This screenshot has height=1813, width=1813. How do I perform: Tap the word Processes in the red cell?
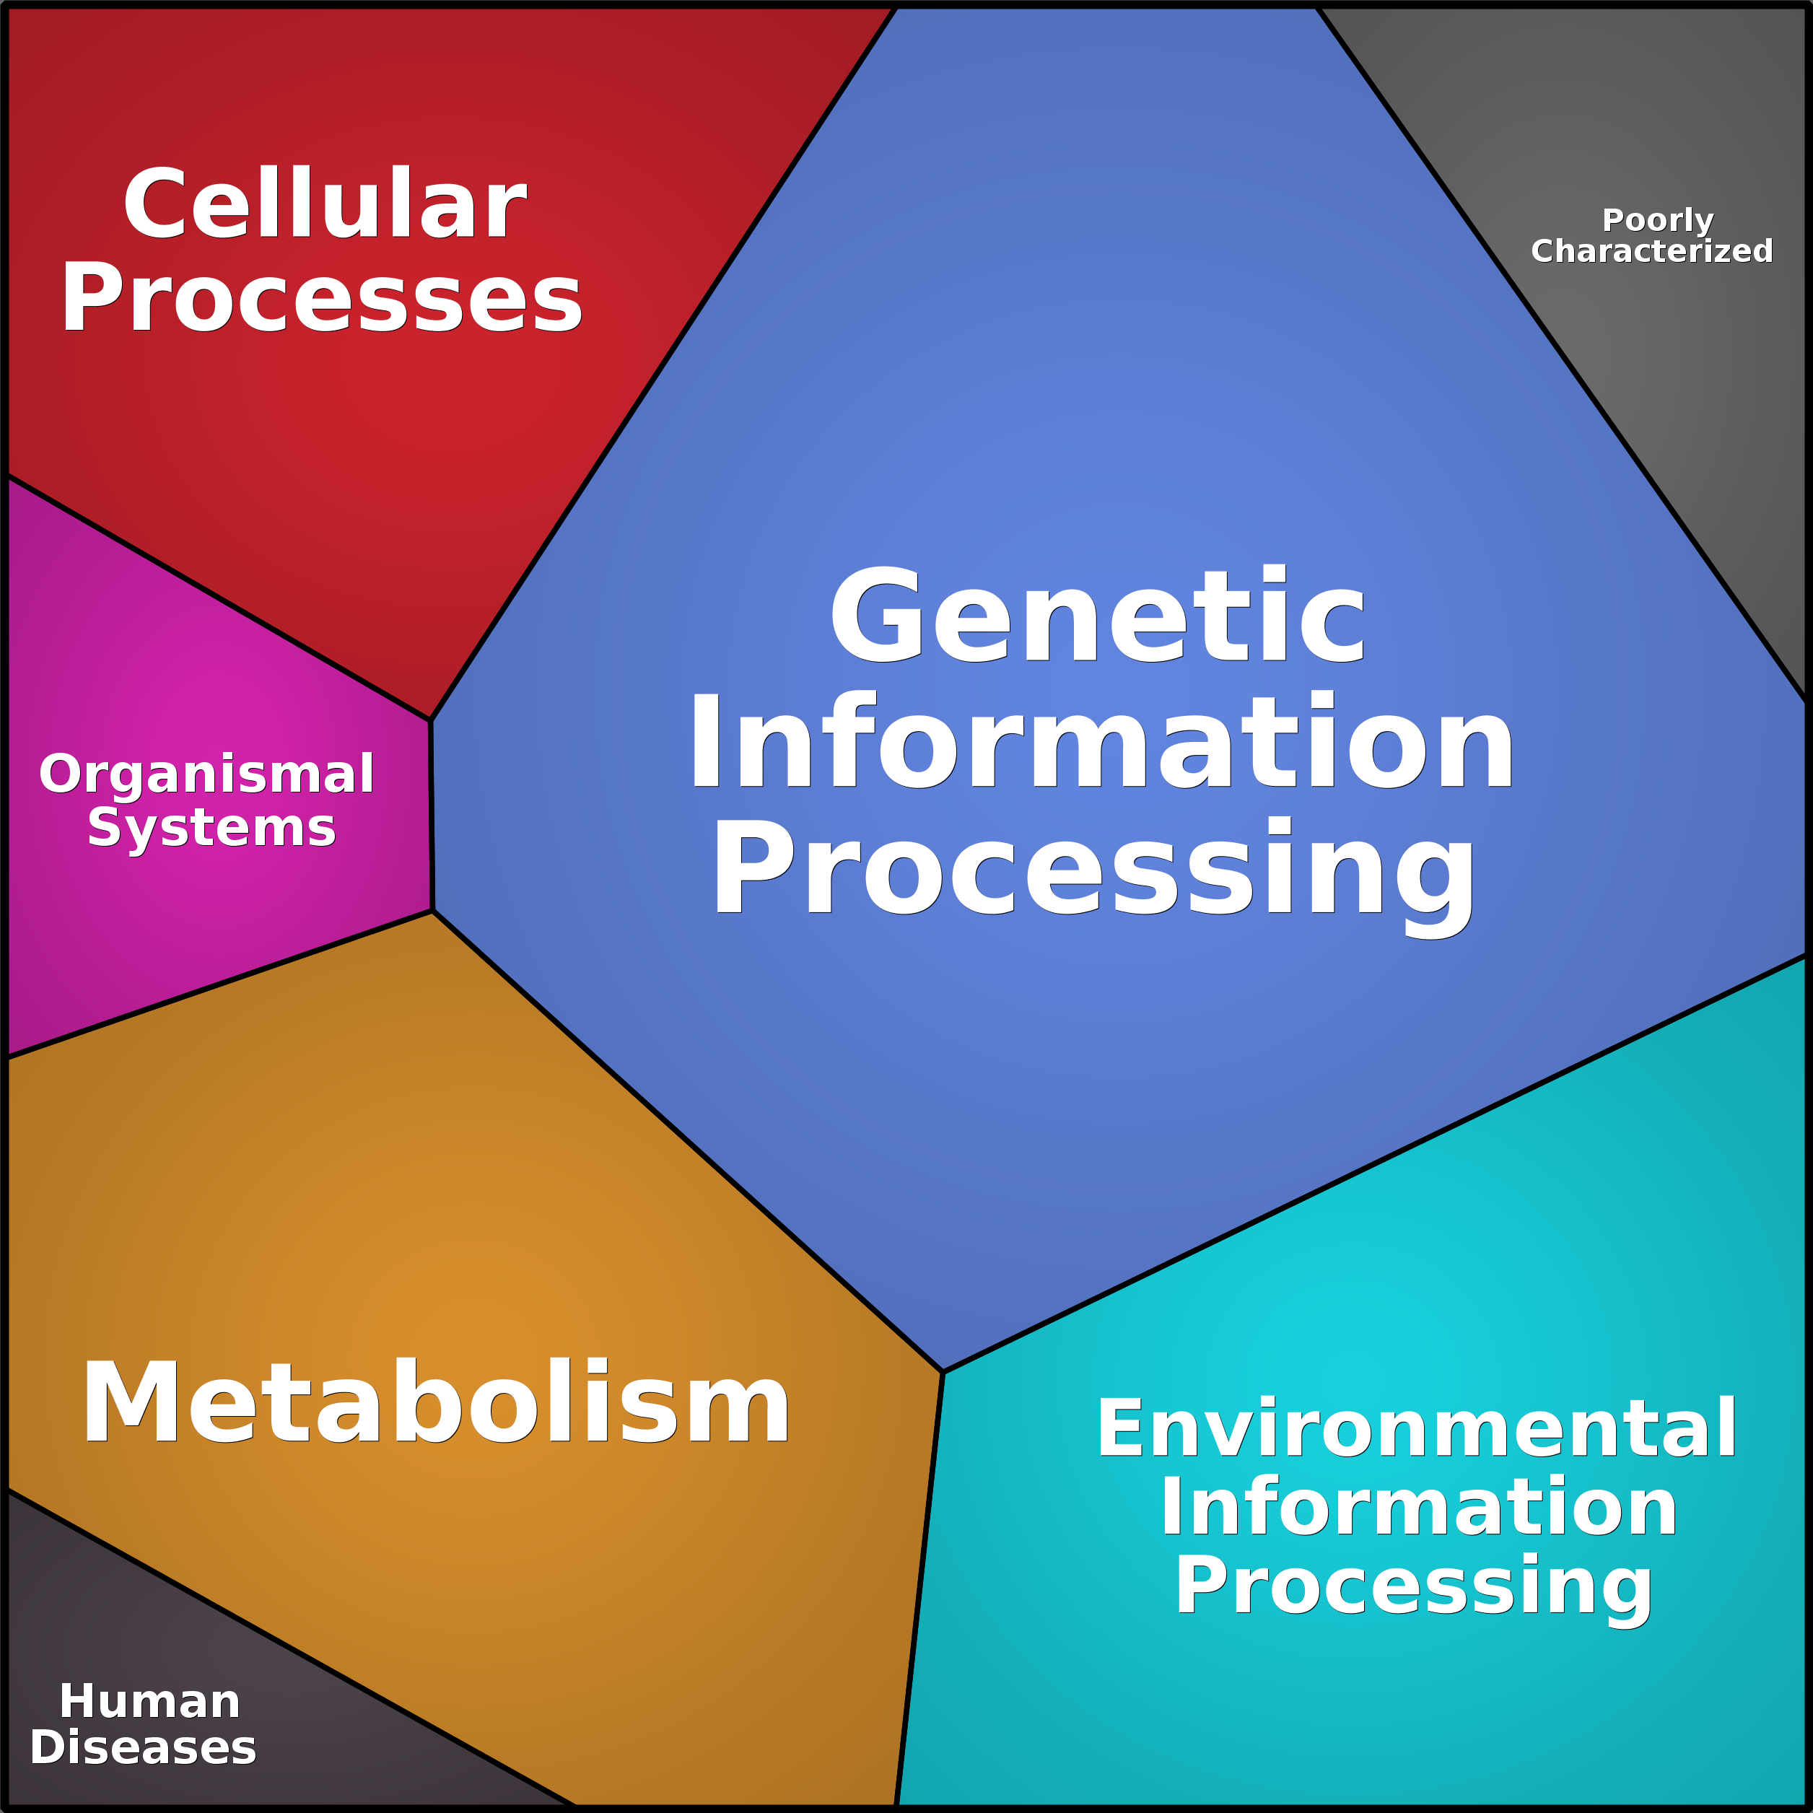(322, 298)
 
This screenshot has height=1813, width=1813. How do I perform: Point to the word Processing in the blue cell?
(1094, 868)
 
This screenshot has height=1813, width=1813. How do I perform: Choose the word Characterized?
(1651, 251)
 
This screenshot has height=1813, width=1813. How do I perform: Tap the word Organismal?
(206, 774)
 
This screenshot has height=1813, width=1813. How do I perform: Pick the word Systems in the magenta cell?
(211, 828)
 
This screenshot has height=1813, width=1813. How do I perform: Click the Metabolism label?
(435, 1403)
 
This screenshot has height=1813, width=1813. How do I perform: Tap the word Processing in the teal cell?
(1413, 1586)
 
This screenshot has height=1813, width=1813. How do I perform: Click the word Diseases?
(143, 1747)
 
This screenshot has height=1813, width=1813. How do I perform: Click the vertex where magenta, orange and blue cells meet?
(432, 910)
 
